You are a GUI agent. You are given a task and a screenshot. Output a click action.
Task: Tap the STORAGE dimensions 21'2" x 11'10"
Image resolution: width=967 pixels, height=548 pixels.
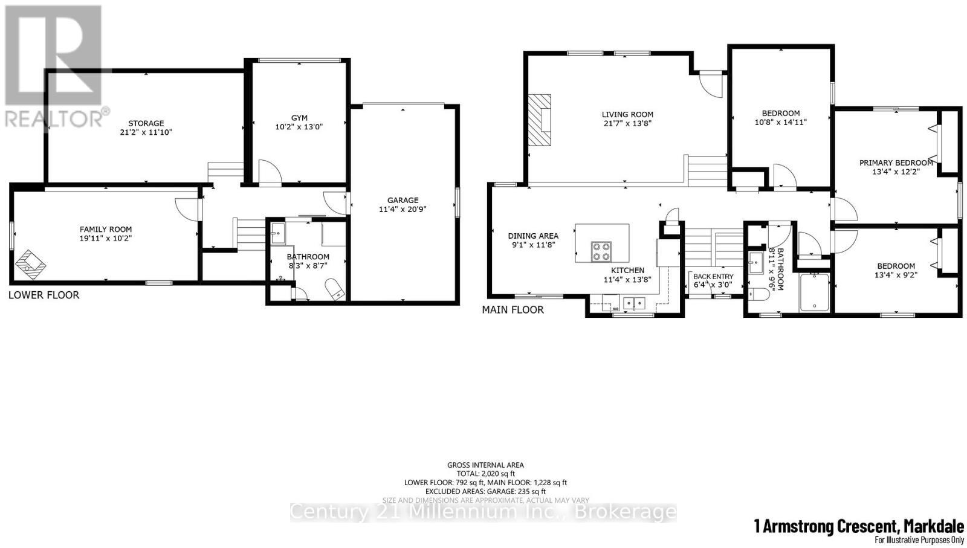(146, 132)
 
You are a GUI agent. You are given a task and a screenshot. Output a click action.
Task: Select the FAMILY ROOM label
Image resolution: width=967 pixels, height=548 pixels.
(106, 229)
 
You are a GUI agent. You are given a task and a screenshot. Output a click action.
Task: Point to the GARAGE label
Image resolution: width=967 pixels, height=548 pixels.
(403, 200)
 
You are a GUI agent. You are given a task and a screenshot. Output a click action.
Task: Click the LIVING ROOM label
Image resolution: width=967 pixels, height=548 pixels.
(627, 114)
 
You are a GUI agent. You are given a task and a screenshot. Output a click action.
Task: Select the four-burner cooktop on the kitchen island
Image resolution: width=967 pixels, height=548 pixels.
(601, 251)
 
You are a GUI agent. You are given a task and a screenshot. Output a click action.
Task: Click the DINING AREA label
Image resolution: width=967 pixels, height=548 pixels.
(533, 236)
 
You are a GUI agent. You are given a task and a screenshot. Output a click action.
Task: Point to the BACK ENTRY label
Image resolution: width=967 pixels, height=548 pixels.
(713, 277)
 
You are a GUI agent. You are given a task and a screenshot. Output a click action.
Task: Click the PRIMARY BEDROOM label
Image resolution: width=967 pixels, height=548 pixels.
(896, 163)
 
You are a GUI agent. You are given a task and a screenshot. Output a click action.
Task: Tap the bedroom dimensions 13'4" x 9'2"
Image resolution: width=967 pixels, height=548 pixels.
(896, 276)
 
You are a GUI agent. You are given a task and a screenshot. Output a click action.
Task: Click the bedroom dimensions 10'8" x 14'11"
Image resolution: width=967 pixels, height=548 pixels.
(780, 122)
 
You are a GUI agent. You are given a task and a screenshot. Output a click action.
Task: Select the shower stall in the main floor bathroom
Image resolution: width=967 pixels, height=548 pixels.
(815, 293)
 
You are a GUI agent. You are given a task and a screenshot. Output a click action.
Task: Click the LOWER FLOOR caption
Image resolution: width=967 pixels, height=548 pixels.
(44, 295)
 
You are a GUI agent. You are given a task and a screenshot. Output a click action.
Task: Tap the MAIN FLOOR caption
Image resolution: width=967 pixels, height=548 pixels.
(513, 310)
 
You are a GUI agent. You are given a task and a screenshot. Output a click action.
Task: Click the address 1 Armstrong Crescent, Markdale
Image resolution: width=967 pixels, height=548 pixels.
(858, 527)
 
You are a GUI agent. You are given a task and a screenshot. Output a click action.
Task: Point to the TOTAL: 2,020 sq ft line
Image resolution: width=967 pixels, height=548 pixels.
(485, 474)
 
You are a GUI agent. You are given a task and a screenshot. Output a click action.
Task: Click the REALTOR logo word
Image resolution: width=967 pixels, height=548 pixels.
(54, 118)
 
